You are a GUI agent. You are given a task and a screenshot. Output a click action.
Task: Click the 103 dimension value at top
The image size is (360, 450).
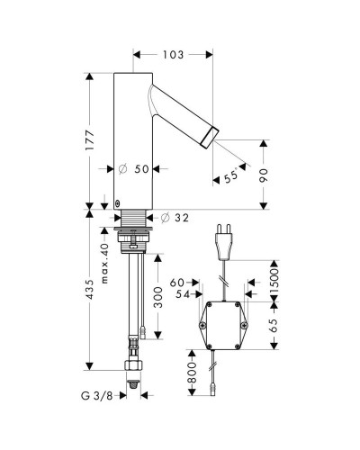pos(173,55)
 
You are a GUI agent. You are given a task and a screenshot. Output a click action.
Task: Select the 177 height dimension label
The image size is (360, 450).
pos(89,140)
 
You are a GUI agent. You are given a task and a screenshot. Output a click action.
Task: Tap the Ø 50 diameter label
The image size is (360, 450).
pos(134,169)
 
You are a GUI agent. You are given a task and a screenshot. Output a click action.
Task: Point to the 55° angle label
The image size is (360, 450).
pos(231,176)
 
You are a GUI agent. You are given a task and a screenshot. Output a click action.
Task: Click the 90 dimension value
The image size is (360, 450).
pos(264,175)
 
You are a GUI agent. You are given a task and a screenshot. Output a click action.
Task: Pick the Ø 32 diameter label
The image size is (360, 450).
pos(175,218)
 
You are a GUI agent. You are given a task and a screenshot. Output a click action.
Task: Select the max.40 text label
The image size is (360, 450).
pos(104,264)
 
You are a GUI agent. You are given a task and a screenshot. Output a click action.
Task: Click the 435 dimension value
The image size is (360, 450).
pos(89,289)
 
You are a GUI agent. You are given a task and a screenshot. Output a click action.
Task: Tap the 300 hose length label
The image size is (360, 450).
pos(157,298)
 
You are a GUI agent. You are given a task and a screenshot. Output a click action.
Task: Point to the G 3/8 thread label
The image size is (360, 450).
pos(96,396)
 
